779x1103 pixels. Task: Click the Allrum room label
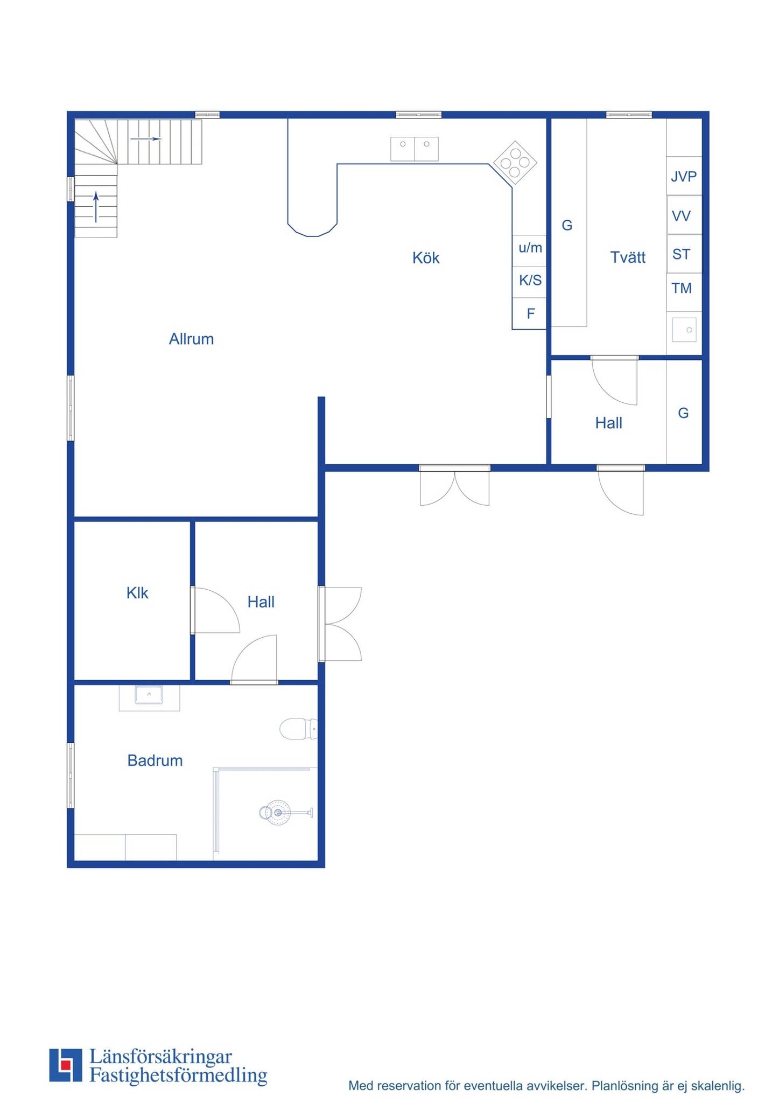pos(191,339)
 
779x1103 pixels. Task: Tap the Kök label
pos(426,257)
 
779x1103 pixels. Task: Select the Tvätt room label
pos(628,257)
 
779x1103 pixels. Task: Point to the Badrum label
pos(155,760)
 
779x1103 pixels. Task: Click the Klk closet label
pos(137,593)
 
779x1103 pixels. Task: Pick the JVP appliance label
pos(684,176)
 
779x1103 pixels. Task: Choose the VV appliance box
pos(684,215)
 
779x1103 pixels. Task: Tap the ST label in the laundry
pos(682,254)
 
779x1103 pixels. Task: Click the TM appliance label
pos(682,288)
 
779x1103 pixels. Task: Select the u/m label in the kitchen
pos(530,248)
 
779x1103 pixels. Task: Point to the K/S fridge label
pos(530,280)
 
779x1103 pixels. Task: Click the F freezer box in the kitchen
pos(530,313)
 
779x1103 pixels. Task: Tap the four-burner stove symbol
pos(515,163)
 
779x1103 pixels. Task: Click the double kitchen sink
pos(415,149)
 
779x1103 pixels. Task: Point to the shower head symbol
pos(278,813)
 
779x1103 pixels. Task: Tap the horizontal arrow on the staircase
pos(146,139)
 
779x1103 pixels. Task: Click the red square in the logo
pos(66,1065)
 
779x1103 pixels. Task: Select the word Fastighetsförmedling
pos(178,1076)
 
